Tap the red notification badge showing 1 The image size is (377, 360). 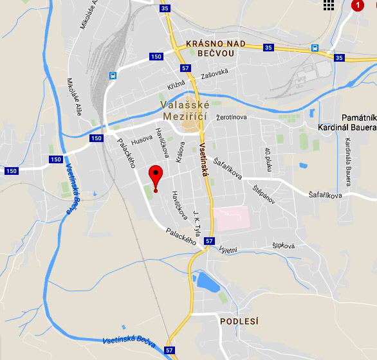tap(358, 6)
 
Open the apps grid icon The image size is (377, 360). tap(329, 6)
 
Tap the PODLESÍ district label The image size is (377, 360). tap(239, 321)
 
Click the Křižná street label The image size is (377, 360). tap(176, 85)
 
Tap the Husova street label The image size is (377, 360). tap(142, 140)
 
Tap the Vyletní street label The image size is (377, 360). tap(229, 249)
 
